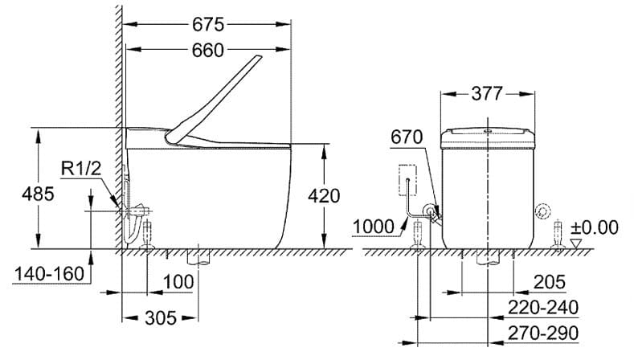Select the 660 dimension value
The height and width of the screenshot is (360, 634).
click(208, 51)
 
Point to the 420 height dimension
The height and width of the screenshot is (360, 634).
click(324, 195)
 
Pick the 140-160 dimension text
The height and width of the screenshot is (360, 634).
click(49, 273)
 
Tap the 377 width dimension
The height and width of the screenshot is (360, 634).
click(487, 94)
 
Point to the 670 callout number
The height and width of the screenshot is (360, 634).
click(406, 137)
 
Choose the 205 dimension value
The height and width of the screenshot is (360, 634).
click(549, 282)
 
